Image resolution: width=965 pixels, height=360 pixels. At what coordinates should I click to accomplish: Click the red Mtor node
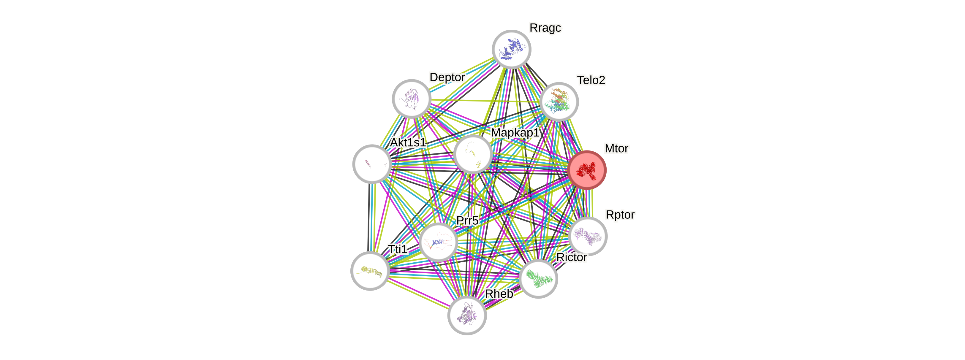587,170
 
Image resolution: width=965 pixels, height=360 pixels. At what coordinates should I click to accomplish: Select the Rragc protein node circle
511,49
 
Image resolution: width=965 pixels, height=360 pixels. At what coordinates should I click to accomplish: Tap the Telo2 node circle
559,102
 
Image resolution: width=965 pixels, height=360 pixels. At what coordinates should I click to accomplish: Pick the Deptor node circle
411,99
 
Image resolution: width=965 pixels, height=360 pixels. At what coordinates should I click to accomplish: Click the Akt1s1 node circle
372,164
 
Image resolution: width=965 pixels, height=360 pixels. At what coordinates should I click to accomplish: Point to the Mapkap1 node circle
473,154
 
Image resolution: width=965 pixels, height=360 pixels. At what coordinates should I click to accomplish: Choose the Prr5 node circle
438,242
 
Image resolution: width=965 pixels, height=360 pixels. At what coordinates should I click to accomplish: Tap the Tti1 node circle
370,271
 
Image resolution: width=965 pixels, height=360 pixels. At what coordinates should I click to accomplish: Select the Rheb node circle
467,315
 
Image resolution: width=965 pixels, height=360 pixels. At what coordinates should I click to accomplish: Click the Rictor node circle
538,279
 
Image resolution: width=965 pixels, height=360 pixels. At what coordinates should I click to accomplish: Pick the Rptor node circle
587,236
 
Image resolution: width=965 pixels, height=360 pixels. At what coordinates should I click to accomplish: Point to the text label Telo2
591,80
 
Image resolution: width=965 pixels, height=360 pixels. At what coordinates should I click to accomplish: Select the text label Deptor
447,77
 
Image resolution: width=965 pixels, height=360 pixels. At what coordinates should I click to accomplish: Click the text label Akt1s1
408,143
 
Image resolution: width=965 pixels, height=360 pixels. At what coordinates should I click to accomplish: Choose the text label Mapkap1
515,133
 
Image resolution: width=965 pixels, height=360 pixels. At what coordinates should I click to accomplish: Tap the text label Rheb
499,294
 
